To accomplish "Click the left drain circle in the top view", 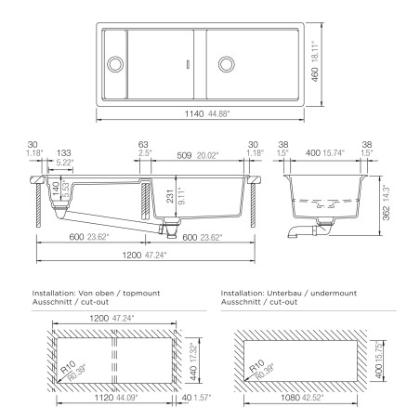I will point(115,64).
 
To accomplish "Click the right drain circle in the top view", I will point(226,64).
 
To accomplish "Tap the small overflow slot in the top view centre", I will point(189,64).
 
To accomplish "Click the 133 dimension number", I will point(63,152).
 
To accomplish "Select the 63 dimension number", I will point(142,145).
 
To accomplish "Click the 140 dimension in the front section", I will point(56,187).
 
